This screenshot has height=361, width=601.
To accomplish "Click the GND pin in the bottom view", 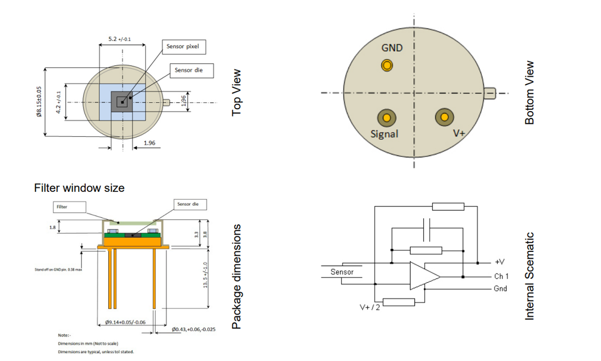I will coord(387,65).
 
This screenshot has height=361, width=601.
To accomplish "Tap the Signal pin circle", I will coord(387,118).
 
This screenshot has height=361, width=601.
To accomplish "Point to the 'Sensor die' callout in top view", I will coord(192,70).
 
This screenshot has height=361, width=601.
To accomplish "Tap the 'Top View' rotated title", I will coord(237,93).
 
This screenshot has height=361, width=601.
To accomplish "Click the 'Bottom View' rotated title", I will coord(530,93).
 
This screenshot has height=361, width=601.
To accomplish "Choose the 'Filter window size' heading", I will coord(79,188).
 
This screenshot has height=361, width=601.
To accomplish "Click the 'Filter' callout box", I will coord(69,206).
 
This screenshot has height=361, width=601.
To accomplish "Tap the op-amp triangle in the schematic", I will coord(423,276).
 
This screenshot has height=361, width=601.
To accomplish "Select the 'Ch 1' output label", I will coord(501,276).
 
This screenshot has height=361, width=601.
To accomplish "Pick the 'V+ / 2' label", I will coord(370,307).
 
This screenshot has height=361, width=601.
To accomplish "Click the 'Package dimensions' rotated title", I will coord(237,276).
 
